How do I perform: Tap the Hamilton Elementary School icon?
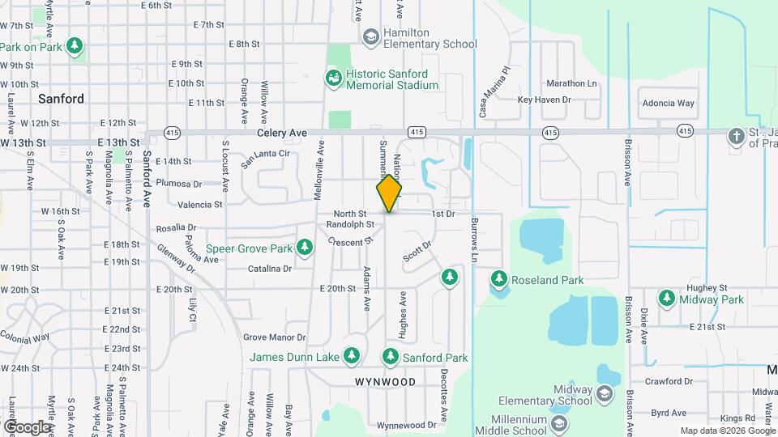click(370, 36)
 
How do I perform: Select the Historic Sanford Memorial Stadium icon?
click(333, 78)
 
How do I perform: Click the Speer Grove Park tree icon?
click(305, 247)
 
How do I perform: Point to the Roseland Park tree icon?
click(499, 280)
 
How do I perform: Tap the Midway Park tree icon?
click(667, 299)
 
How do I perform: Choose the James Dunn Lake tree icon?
click(351, 356)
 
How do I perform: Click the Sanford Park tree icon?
click(391, 356)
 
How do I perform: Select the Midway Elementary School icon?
click(604, 394)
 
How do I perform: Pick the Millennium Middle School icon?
click(558, 423)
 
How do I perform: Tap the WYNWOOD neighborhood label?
click(386, 381)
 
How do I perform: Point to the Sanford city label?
click(62, 99)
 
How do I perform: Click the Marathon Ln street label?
click(571, 83)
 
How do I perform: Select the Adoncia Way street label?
click(669, 104)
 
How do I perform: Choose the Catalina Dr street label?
click(269, 269)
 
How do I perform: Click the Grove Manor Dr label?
click(274, 337)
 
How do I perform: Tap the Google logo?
click(27, 426)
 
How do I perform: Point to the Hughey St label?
click(702, 287)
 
